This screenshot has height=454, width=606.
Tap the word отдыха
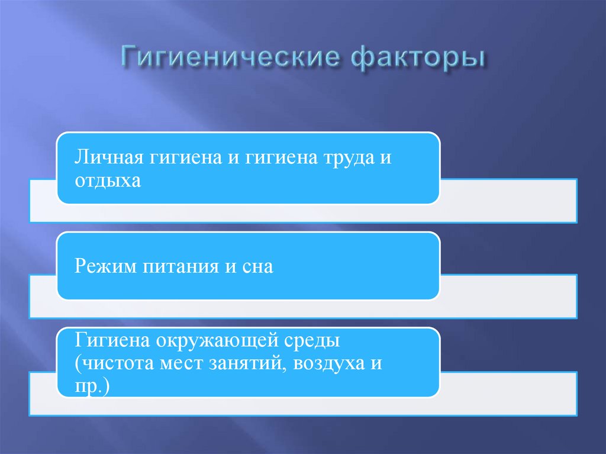108,180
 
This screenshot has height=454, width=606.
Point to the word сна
257,266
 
